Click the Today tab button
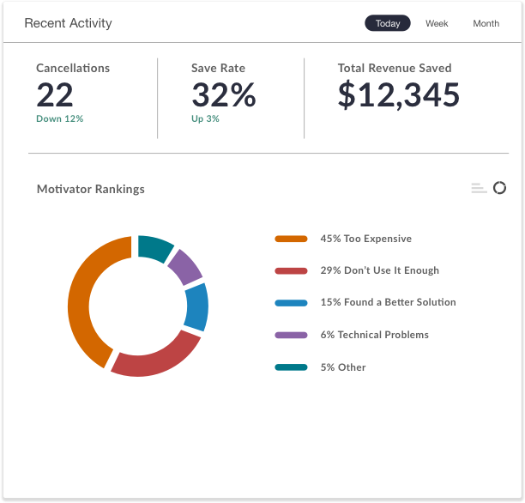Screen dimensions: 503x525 point(388,23)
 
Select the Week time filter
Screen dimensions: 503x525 point(437,23)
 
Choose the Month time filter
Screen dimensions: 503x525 point(486,23)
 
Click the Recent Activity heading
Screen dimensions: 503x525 point(68,23)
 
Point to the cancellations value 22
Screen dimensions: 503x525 point(55,95)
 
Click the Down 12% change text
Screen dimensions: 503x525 point(59,118)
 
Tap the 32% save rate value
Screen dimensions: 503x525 point(223,95)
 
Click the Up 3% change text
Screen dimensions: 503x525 point(205,118)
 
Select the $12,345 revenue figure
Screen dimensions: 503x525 point(398,95)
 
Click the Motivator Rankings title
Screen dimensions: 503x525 point(90,189)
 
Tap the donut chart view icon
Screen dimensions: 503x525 point(499,188)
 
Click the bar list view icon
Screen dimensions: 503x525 point(479,189)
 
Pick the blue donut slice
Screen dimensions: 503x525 point(197,307)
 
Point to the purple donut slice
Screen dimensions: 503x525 point(184,266)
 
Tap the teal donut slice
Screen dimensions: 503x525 point(155,246)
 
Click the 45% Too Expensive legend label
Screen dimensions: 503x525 point(365,239)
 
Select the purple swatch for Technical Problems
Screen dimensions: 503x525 point(291,335)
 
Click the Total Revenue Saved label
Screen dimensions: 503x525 point(394,68)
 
